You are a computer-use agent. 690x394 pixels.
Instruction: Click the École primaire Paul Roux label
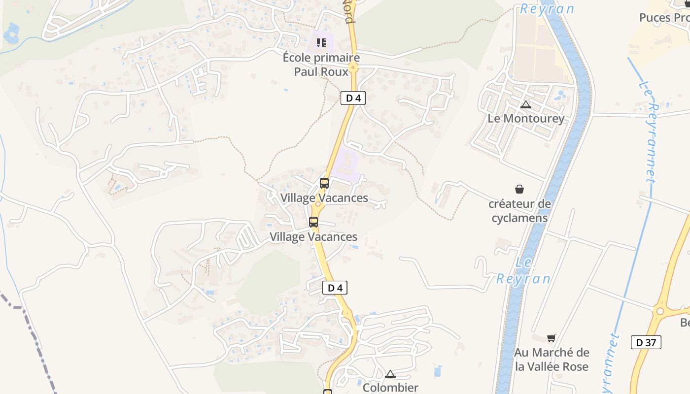click(321, 65)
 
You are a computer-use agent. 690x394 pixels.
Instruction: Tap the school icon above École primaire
click(321, 43)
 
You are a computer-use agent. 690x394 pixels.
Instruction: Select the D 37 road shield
click(646, 342)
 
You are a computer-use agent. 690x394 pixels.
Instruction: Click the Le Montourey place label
click(526, 119)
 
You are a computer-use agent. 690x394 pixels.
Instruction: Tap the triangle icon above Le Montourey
click(526, 104)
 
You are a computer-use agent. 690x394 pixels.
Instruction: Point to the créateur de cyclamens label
click(519, 210)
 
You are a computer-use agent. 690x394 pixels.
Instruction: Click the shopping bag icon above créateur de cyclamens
click(519, 189)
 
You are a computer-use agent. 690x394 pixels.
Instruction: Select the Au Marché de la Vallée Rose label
click(552, 360)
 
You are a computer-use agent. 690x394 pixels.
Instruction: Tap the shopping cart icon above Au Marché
click(552, 338)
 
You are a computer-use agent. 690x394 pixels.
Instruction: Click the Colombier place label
click(390, 388)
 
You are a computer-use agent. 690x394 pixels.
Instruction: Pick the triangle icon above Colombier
click(390, 374)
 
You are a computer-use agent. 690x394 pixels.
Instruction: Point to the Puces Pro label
click(663, 18)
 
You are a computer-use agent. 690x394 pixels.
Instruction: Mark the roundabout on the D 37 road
click(660, 311)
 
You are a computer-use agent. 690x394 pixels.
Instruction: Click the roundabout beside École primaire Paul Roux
click(353, 67)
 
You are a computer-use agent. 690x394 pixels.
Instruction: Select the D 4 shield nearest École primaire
click(353, 98)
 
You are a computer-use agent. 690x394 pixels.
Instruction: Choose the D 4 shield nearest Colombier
click(335, 288)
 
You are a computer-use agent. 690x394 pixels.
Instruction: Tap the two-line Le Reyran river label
click(523, 271)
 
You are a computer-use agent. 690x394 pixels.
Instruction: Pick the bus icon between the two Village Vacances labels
click(313, 222)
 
